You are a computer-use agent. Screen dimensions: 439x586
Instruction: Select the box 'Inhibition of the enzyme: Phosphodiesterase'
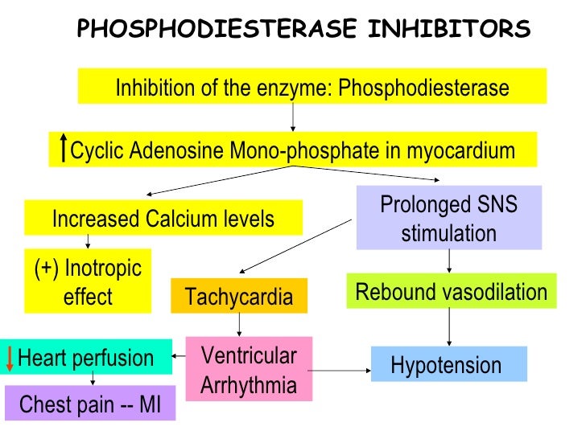click(x=312, y=86)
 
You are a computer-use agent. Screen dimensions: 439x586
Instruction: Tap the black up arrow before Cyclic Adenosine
click(x=64, y=149)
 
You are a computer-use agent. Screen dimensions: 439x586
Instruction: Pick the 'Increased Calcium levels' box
click(x=163, y=218)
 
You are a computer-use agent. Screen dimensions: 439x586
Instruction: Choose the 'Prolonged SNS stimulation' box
click(x=448, y=218)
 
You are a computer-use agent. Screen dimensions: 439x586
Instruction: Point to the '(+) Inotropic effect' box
click(x=88, y=283)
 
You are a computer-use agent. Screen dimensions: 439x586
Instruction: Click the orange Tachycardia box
click(x=239, y=297)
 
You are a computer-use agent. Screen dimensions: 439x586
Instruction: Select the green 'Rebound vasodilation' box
click(x=451, y=292)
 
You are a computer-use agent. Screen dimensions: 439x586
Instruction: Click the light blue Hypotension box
click(x=448, y=364)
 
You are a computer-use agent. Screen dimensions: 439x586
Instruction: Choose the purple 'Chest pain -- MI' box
click(x=90, y=404)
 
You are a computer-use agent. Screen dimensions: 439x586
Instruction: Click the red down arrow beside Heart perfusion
click(x=10, y=357)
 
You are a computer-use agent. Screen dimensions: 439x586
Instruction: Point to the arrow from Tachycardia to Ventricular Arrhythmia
click(x=239, y=324)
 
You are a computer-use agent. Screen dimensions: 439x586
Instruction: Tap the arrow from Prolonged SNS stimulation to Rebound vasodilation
click(x=449, y=261)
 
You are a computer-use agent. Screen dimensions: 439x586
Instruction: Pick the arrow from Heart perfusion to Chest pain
click(x=93, y=380)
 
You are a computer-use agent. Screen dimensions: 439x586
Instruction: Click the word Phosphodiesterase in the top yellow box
click(x=423, y=87)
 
